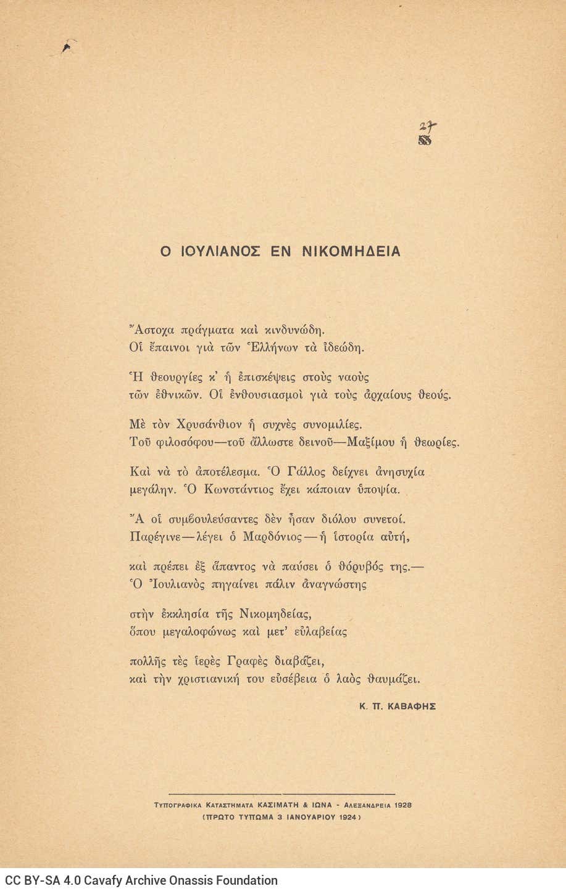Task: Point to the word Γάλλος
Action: pos(292,473)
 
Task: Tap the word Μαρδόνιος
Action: pos(272,537)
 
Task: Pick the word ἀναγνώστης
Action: pos(334,584)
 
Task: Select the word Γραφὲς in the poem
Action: pos(249,661)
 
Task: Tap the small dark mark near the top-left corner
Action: pos(67,44)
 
